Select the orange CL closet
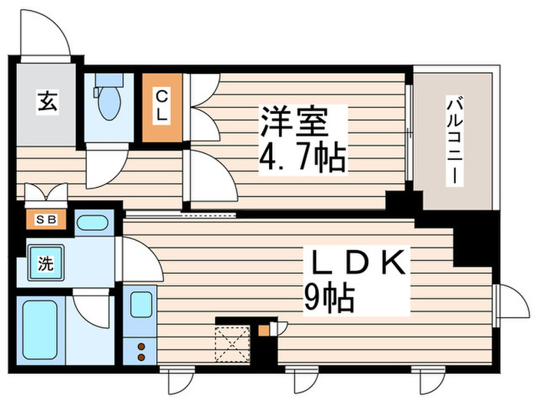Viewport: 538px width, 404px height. pos(162,107)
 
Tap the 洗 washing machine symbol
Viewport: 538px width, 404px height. pos(45,264)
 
